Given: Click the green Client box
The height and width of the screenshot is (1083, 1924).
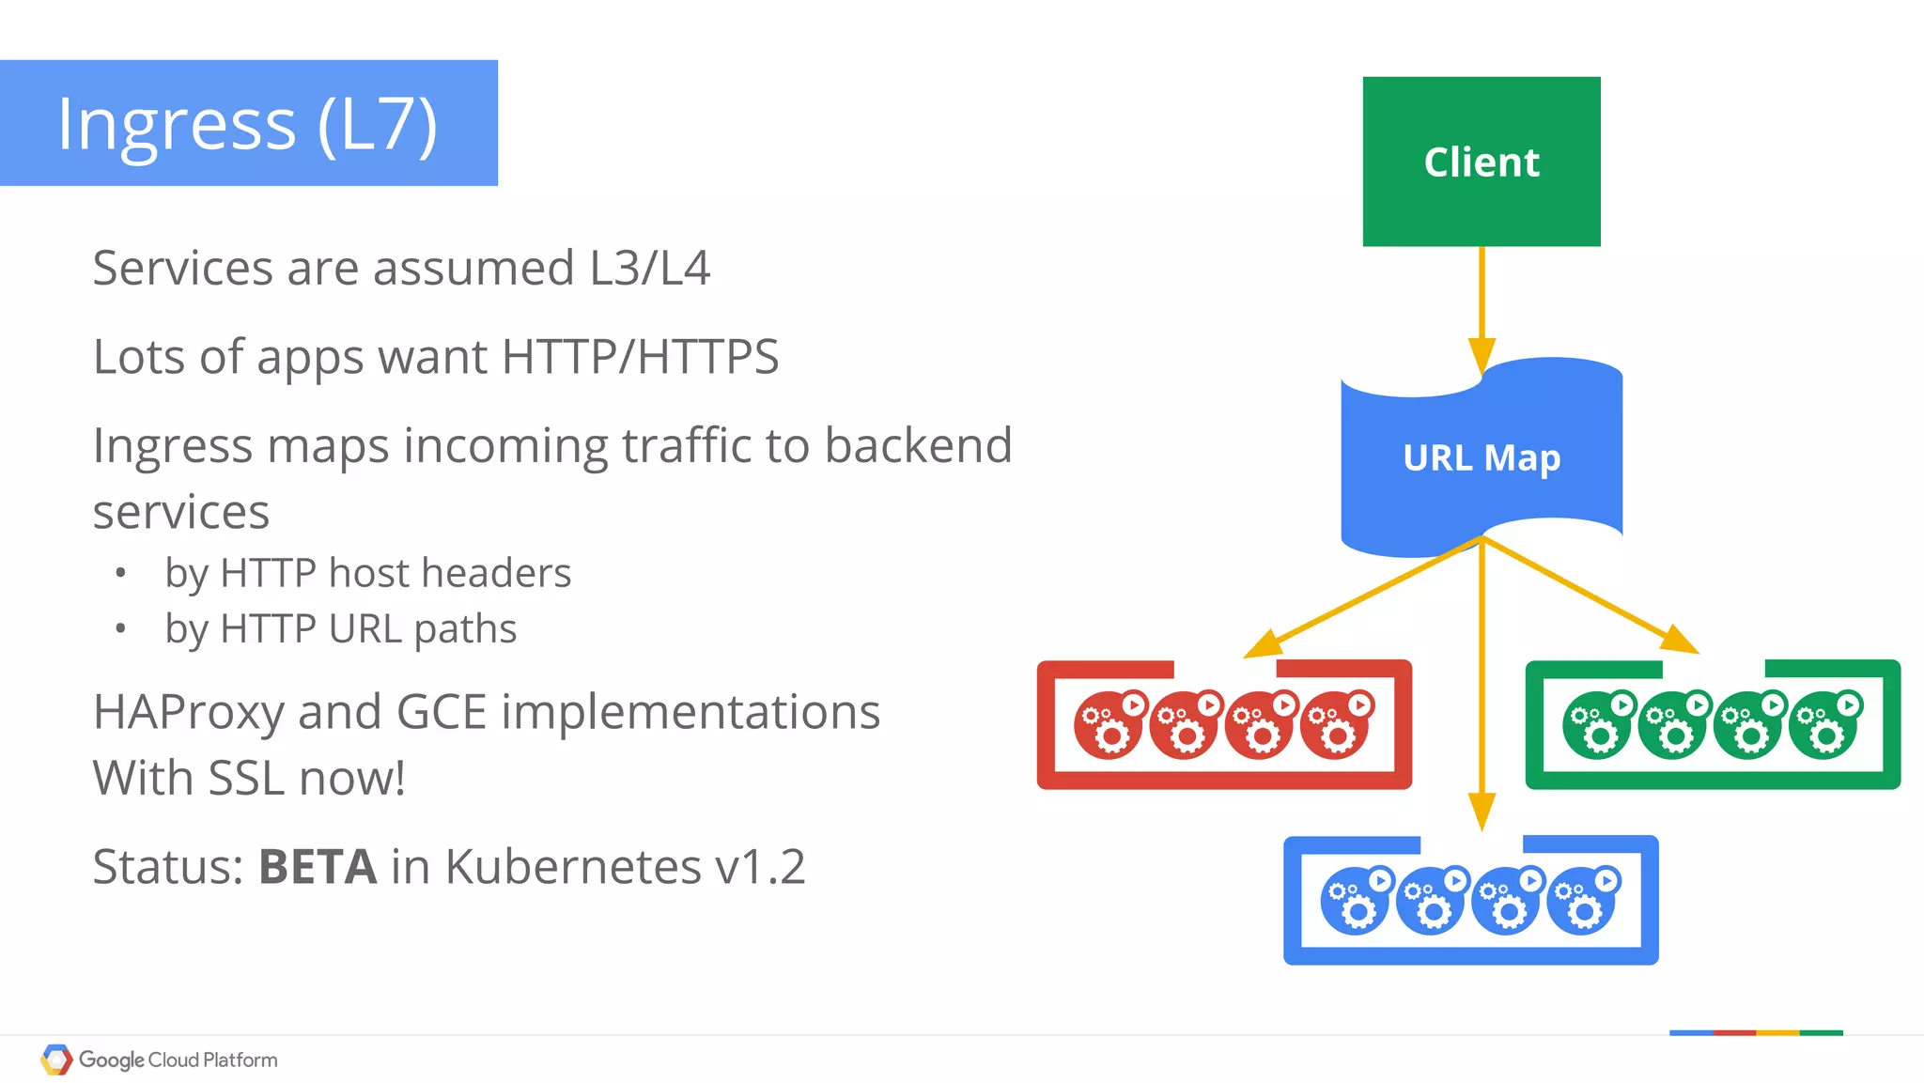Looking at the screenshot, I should click(x=1482, y=162).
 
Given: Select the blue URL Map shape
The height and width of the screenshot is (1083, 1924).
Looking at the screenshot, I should click(x=1482, y=457).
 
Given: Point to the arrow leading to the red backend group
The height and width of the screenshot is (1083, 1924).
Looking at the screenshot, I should click(x=1362, y=596).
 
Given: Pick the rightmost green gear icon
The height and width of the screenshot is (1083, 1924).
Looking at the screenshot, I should click(x=1825, y=724).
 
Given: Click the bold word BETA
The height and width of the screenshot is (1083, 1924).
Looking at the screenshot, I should click(x=318, y=866).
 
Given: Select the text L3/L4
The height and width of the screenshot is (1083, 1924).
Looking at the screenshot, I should click(x=649, y=268).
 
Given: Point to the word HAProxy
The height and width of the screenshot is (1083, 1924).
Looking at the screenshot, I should click(x=188, y=712).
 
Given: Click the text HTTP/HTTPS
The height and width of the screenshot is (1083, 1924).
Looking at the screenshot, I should click(x=640, y=357).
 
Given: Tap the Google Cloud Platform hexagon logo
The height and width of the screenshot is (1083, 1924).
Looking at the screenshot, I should click(x=56, y=1060).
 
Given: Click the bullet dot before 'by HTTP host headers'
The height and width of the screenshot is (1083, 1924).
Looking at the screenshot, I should click(x=120, y=572).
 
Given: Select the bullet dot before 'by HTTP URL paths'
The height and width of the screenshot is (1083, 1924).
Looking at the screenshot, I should click(x=120, y=628).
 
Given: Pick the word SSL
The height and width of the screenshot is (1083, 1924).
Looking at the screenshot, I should click(x=247, y=778).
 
